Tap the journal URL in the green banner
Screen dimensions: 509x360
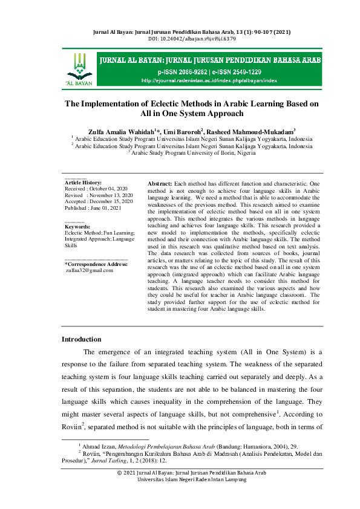coord(209,80)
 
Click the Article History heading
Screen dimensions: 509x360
coord(83,183)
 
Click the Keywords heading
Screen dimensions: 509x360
coord(77,227)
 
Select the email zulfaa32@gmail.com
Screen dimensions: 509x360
coord(90,270)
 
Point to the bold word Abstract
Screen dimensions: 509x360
coord(160,183)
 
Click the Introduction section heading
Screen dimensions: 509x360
coord(82,339)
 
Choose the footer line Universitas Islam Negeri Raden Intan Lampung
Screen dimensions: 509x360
coord(192,479)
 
